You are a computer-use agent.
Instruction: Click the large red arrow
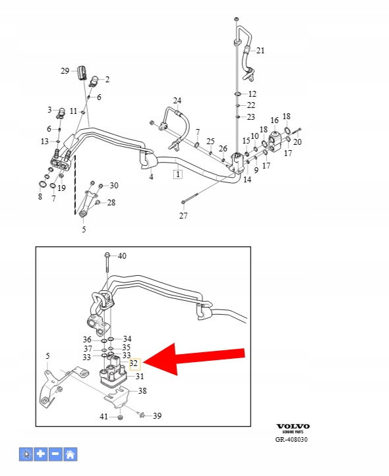point(194,359)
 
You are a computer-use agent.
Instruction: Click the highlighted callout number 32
point(134,363)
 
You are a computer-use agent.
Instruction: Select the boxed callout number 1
point(178,174)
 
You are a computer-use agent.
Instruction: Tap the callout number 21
point(260,51)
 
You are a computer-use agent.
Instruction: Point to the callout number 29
point(65,70)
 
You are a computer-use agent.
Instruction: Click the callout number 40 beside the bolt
point(122,256)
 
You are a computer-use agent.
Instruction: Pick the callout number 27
point(183,215)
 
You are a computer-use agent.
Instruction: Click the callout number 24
point(177,101)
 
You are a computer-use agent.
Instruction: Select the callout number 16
point(274,120)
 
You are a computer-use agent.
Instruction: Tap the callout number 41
point(104,417)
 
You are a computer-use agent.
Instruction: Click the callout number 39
point(157,416)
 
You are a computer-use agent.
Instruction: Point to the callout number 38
point(142,390)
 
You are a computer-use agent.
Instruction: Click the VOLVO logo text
point(293,427)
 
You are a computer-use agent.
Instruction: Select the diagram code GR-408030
point(291,439)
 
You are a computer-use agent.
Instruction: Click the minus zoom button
point(55,454)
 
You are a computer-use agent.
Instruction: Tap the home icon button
point(70,454)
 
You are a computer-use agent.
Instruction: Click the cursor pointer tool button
point(26,454)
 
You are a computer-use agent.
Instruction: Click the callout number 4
point(152,176)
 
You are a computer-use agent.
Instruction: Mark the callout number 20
point(297,142)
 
